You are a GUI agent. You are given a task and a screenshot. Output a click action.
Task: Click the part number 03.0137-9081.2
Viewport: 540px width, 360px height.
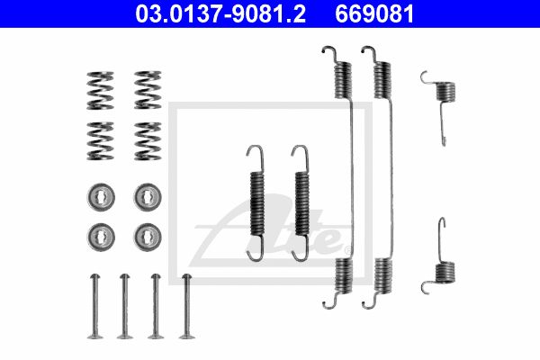point(220,13)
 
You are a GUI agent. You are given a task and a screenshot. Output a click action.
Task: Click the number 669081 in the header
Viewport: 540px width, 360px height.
point(374,13)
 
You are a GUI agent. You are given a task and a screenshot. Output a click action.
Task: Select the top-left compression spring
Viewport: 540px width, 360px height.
point(100,90)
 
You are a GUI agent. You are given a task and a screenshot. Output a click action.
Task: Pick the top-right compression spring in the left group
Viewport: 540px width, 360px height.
point(148,90)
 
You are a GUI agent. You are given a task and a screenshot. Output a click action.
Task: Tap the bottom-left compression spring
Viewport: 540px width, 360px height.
point(100,141)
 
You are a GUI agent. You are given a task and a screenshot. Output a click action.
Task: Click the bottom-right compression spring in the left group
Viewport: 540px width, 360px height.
point(148,141)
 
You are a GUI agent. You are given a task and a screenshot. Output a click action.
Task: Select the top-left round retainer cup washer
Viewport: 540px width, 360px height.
point(101,197)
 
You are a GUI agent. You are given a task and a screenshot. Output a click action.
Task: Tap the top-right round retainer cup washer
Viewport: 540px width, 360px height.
point(148,197)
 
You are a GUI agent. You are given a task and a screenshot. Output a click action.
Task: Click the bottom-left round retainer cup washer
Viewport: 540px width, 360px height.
point(101,237)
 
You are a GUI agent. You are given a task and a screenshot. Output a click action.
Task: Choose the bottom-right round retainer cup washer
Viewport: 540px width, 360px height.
point(148,237)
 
